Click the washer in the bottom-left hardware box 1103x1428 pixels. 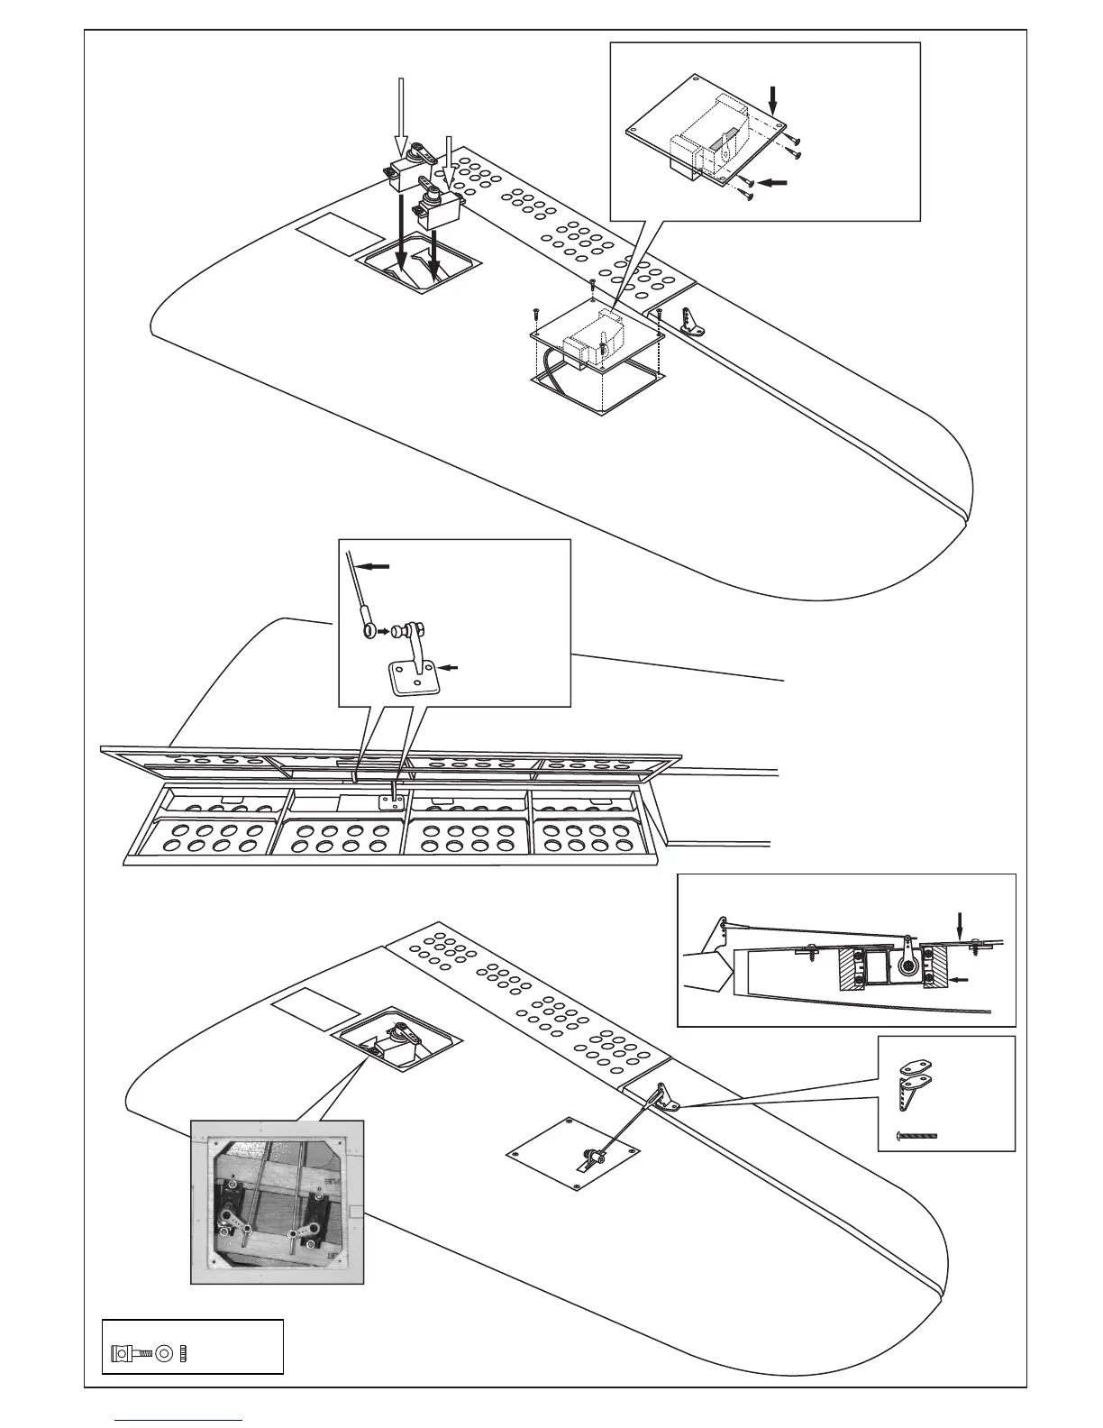point(165,1352)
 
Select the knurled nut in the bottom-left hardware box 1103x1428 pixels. point(183,1352)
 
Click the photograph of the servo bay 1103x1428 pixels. point(278,1201)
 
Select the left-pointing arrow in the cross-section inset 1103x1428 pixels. point(962,978)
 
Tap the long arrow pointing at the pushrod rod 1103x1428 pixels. point(376,566)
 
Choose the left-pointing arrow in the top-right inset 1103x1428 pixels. point(772,182)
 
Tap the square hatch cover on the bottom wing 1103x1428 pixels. point(573,1154)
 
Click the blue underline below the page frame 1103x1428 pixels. point(180,1421)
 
